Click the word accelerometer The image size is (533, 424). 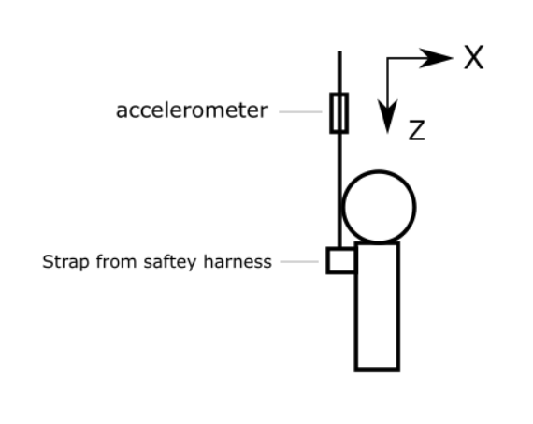[x=192, y=110]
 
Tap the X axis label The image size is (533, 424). [x=474, y=57]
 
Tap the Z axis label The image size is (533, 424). [x=417, y=130]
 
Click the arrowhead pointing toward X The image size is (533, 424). [x=437, y=58]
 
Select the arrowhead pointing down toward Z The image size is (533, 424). [x=388, y=116]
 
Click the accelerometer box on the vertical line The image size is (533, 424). [x=339, y=113]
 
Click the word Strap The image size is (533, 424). [x=65, y=262]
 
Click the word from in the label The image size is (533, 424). [x=117, y=262]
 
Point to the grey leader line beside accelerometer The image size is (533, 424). [x=300, y=111]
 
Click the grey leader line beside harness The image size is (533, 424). [x=299, y=262]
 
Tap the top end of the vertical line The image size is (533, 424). [x=339, y=51]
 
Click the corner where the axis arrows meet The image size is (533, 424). [x=388, y=58]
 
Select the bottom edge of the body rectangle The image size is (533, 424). [x=378, y=369]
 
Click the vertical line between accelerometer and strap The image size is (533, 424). [x=339, y=191]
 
